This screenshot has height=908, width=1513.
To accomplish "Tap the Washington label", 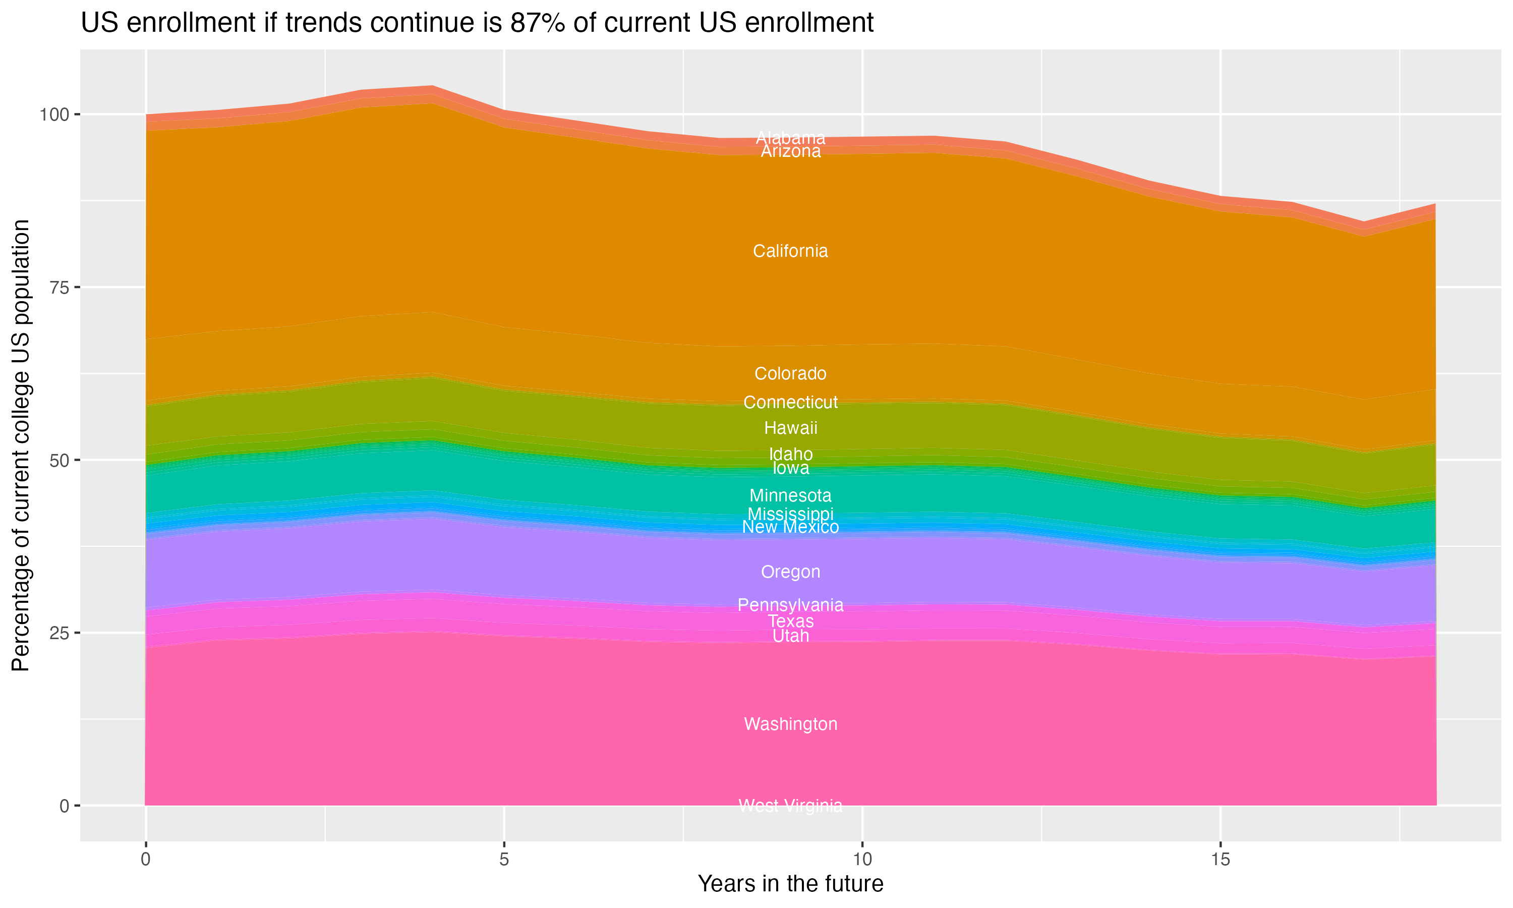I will [790, 724].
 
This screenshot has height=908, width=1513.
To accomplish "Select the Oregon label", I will [790, 572].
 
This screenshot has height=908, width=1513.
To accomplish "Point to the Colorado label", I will [790, 374].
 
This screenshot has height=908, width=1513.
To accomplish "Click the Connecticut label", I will [790, 403].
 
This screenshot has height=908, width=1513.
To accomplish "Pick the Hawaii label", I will [790, 428].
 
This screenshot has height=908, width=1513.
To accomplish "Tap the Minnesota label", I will [790, 495].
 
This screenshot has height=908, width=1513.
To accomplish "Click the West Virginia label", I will [790, 806].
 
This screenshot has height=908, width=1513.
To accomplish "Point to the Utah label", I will [790, 636].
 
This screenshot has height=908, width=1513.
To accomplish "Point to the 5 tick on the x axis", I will [504, 860].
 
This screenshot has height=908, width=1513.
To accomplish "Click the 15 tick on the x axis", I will [1220, 860].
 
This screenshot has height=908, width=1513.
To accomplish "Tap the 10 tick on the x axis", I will [862, 860].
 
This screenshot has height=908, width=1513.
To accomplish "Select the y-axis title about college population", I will [21, 445].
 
